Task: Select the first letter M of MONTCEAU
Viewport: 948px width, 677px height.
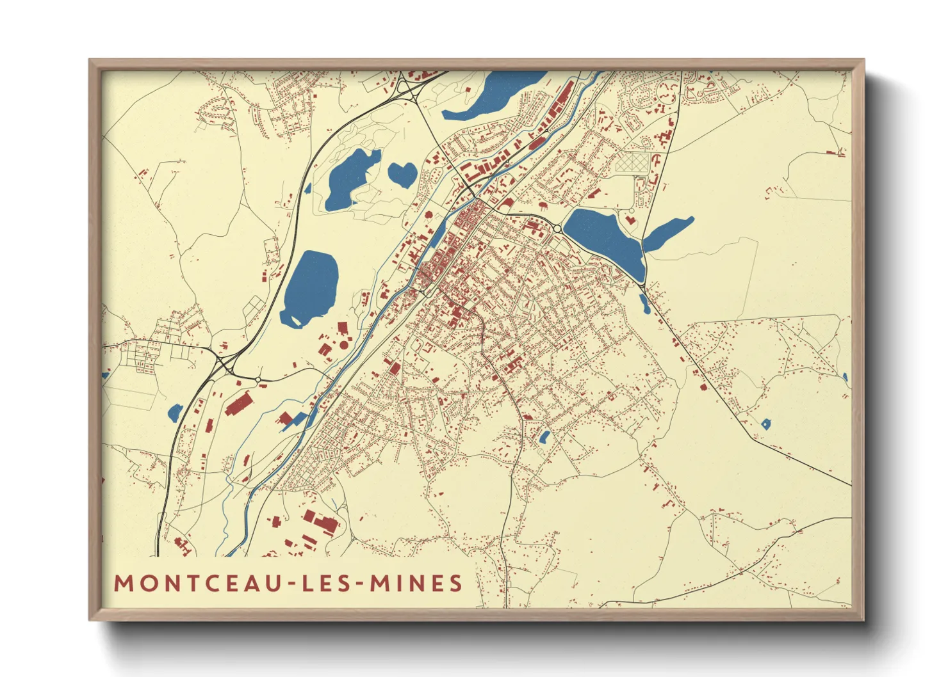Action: (x=122, y=583)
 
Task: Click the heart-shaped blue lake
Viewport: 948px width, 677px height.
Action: (x=402, y=173)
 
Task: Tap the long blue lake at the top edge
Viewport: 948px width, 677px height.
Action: (x=493, y=96)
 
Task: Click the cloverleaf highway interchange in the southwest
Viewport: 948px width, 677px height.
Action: (x=224, y=365)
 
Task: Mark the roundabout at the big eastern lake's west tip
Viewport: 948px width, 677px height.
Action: (x=557, y=228)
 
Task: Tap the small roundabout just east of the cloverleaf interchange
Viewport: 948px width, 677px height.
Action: (x=257, y=379)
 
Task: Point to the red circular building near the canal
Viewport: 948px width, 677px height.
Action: (x=343, y=345)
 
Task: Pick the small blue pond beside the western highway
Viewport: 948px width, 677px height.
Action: (x=175, y=413)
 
